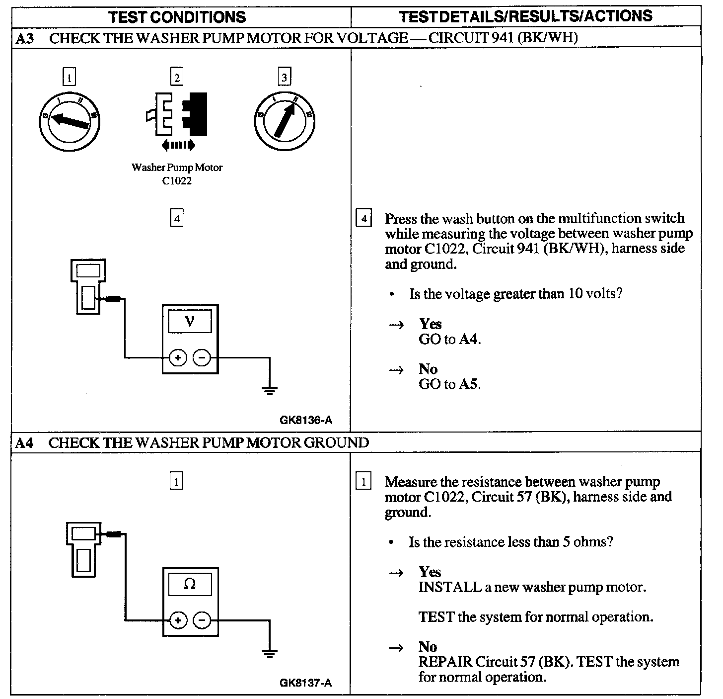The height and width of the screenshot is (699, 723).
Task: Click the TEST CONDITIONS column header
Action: coord(177,17)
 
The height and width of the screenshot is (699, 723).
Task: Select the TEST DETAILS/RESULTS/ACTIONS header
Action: coord(526,16)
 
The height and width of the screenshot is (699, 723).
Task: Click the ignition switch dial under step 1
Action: coord(70,121)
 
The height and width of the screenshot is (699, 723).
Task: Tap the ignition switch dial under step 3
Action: coord(285,121)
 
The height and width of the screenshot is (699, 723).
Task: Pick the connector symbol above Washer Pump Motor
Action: coord(177,114)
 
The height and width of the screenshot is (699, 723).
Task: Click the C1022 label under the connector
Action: coord(177,181)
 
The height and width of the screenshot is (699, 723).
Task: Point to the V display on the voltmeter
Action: coord(190,322)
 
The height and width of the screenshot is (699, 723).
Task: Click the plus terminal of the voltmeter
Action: coord(178,357)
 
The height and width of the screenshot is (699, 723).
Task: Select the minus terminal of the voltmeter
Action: coord(202,357)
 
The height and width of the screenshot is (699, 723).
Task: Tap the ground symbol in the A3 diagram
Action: coord(270,390)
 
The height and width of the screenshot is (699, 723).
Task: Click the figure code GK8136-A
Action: coord(306,421)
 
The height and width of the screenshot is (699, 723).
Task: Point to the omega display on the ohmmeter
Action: coord(190,584)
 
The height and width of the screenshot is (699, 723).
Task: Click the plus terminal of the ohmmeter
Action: coord(178,620)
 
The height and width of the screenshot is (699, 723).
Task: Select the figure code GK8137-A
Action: coord(306,683)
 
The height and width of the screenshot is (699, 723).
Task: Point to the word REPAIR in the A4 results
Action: coord(445,662)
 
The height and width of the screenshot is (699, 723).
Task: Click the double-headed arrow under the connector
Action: coord(178,145)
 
